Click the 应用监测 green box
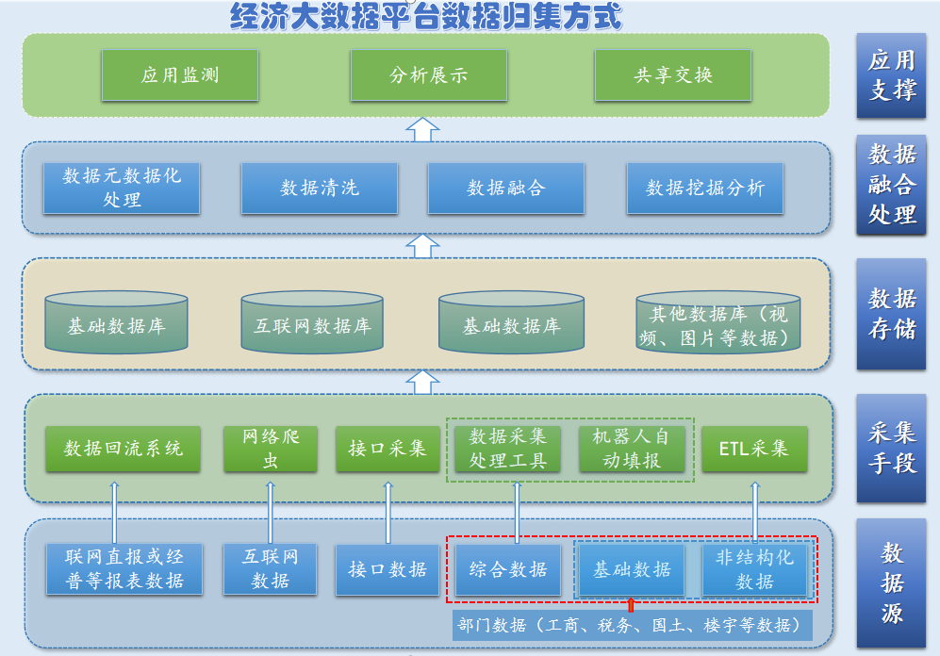(179, 75)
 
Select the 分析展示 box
(428, 75)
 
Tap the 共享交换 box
(672, 75)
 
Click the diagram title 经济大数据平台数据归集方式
(427, 16)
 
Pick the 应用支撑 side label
(891, 75)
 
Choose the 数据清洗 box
(319, 188)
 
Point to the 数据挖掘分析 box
(704, 188)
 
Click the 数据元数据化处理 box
(122, 188)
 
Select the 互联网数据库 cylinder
(312, 324)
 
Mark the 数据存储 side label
(891, 314)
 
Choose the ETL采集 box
(754, 449)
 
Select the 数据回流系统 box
(124, 449)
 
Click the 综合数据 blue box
(508, 569)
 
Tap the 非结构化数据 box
(754, 569)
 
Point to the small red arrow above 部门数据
(631, 604)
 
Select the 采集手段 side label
(891, 448)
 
